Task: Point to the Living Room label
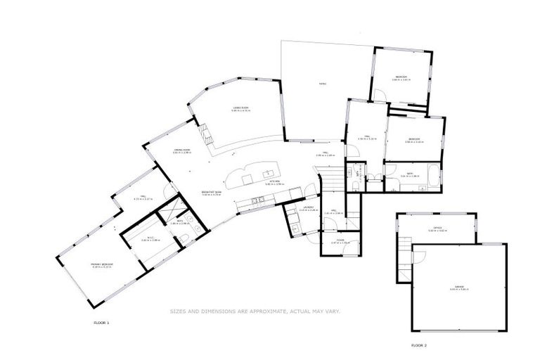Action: pyautogui.click(x=241, y=108)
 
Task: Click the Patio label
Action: pyautogui.click(x=322, y=84)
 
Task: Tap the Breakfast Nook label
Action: pyautogui.click(x=211, y=192)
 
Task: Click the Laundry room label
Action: pyautogui.click(x=306, y=207)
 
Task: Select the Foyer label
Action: pyautogui.click(x=340, y=241)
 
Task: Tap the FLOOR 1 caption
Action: pyautogui.click(x=102, y=323)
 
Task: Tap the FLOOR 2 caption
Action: pyautogui.click(x=419, y=345)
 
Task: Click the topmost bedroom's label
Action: pyautogui.click(x=401, y=77)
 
